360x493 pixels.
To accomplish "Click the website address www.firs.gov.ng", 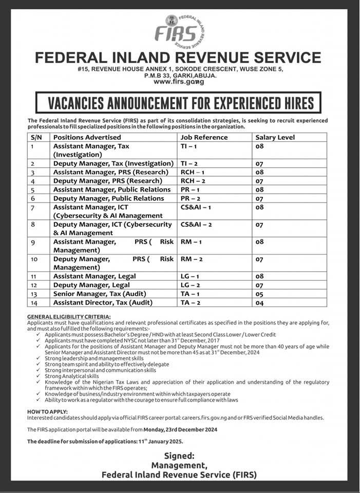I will [179, 82].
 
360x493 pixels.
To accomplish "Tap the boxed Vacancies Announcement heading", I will [177, 102].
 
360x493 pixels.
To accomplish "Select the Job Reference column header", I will [204, 138].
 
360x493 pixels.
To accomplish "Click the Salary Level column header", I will [275, 138].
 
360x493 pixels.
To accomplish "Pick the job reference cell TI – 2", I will [189, 163].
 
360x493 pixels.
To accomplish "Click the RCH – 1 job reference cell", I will [192, 172].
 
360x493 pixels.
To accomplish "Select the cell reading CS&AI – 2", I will [196, 224].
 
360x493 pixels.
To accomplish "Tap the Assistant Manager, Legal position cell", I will [94, 276].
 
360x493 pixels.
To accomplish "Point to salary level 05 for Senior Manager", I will [259, 294].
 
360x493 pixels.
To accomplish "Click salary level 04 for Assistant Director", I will [259, 303].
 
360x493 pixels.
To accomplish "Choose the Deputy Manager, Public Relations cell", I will [108, 198].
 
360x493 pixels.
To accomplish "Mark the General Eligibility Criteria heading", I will [69, 316].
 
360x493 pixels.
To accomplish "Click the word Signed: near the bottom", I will [179, 456].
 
